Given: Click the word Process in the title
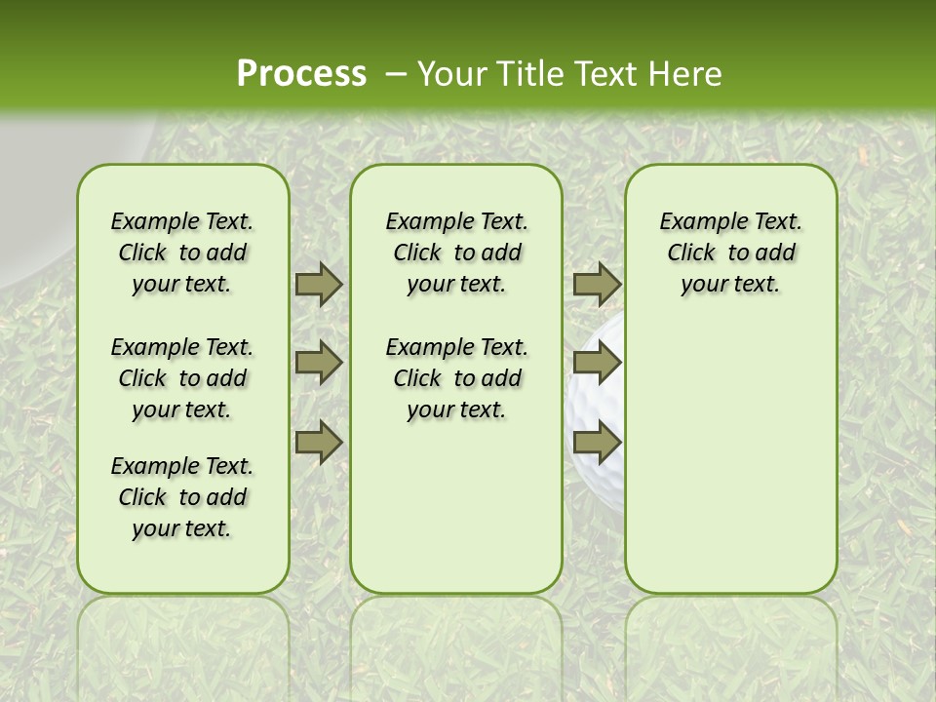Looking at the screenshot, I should [301, 74].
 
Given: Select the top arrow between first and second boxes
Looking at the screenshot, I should [319, 285].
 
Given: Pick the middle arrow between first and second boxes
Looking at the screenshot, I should [319, 364].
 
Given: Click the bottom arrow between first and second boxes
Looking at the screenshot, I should [319, 443].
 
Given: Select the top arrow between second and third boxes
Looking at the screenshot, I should [597, 285].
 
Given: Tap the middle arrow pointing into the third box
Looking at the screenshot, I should [597, 364].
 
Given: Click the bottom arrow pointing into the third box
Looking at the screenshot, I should [597, 443].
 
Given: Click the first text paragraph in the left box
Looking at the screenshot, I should [182, 253].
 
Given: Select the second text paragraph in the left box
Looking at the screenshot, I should [182, 378].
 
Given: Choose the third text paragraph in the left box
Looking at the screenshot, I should [182, 497].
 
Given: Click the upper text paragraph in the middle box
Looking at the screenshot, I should [456, 253].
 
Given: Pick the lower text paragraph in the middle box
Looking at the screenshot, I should [456, 378].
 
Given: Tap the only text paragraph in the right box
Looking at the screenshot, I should [730, 253].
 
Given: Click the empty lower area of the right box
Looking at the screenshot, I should [730, 468].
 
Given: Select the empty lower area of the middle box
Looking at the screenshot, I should [456, 507].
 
